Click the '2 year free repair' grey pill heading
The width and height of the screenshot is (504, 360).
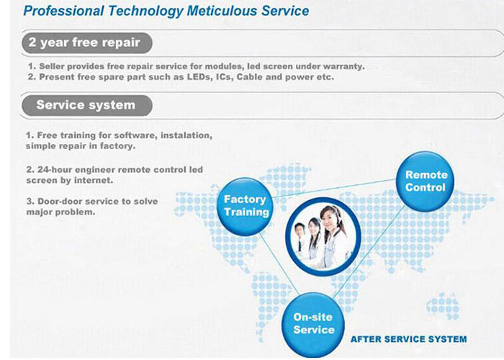87,42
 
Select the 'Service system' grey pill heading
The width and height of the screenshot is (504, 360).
87,105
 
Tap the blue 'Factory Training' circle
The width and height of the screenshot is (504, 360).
246,206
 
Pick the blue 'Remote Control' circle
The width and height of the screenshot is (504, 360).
425,181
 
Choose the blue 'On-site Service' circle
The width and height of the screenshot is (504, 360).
313,325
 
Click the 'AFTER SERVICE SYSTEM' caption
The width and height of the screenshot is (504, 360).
408,339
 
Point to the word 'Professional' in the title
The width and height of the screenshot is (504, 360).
63,12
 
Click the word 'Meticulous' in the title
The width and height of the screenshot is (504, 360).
222,11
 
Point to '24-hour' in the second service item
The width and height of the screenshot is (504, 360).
55,169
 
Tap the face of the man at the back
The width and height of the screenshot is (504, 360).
300,230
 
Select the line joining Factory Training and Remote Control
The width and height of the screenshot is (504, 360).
335,189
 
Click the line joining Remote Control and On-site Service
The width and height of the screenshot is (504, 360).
369,252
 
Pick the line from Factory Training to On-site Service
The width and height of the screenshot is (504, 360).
279,264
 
